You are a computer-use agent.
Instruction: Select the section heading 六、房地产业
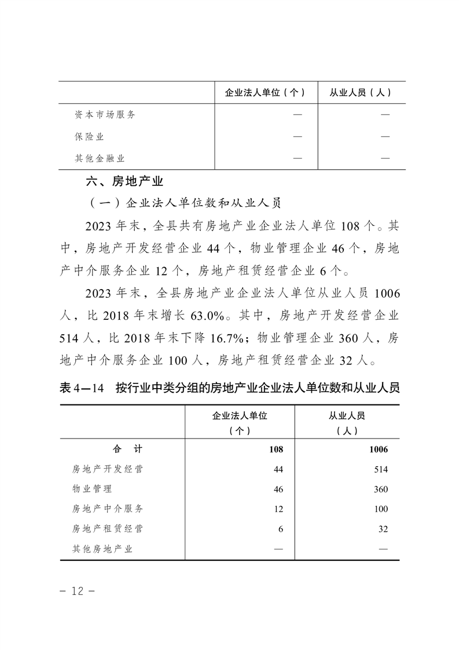(x=124, y=181)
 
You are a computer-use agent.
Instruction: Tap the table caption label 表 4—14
(x=81, y=388)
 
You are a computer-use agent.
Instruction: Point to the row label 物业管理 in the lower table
(x=93, y=489)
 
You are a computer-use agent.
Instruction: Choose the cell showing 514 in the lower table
(x=380, y=469)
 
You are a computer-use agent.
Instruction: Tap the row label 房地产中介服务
(x=108, y=509)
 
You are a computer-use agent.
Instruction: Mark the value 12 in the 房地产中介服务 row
(x=278, y=509)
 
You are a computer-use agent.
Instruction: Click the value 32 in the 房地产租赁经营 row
(x=383, y=529)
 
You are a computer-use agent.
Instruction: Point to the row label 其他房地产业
(x=102, y=549)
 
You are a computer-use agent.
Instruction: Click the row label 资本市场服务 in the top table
(x=105, y=115)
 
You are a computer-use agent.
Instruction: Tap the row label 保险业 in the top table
(x=89, y=137)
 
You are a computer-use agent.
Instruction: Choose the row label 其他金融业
(x=100, y=158)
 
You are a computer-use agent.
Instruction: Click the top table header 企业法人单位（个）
(x=265, y=92)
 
